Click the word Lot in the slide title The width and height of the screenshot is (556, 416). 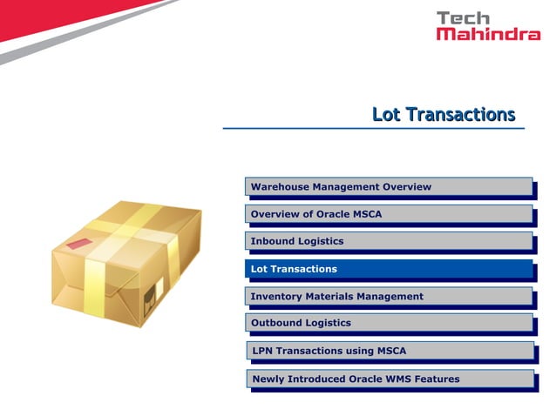pyautogui.click(x=387, y=115)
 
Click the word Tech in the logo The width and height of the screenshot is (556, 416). pyautogui.click(x=463, y=18)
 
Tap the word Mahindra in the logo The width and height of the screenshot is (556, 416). pyautogui.click(x=488, y=35)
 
